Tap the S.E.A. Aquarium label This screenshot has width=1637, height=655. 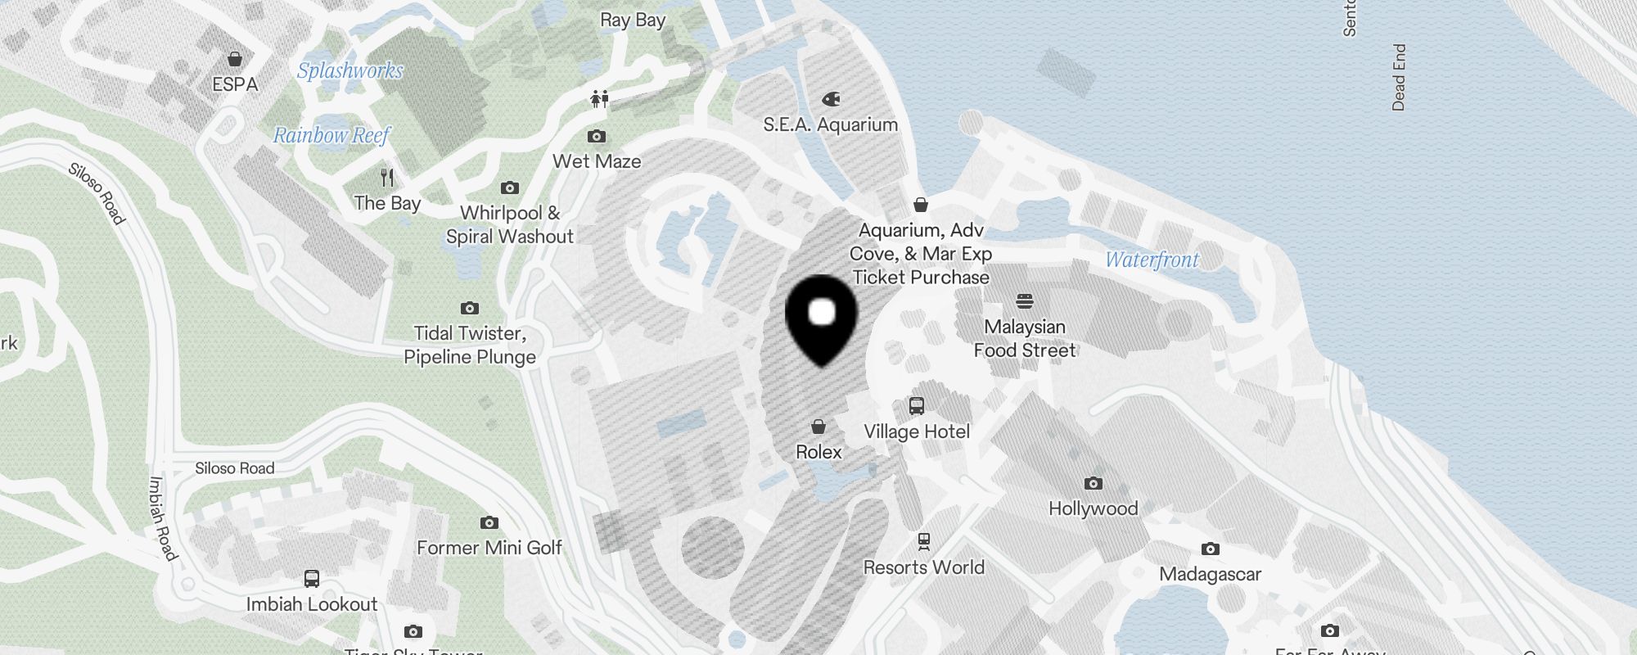click(x=830, y=124)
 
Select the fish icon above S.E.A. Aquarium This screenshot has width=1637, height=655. click(x=831, y=99)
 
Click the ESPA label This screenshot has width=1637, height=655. click(x=235, y=84)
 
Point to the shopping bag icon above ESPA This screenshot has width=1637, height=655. click(x=235, y=59)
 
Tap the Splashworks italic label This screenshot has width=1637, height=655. click(x=349, y=71)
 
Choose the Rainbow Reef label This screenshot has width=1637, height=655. click(x=331, y=135)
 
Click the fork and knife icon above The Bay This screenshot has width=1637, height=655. click(x=387, y=177)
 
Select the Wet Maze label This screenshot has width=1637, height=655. click(x=597, y=161)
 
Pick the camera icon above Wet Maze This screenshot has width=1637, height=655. click(x=597, y=136)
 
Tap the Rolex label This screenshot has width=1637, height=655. click(x=818, y=452)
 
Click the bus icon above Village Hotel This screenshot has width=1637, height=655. click(x=917, y=406)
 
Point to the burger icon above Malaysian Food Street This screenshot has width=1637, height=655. click(x=1025, y=300)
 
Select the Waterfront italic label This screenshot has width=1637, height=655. click(x=1152, y=260)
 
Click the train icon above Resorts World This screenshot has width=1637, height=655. click(x=924, y=541)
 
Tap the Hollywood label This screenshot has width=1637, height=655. click(x=1093, y=508)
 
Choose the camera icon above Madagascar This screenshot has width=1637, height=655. click(x=1210, y=549)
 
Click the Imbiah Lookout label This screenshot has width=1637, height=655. click(x=312, y=604)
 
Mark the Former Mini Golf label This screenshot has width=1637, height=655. click(x=489, y=548)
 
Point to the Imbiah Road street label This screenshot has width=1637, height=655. click(x=161, y=518)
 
